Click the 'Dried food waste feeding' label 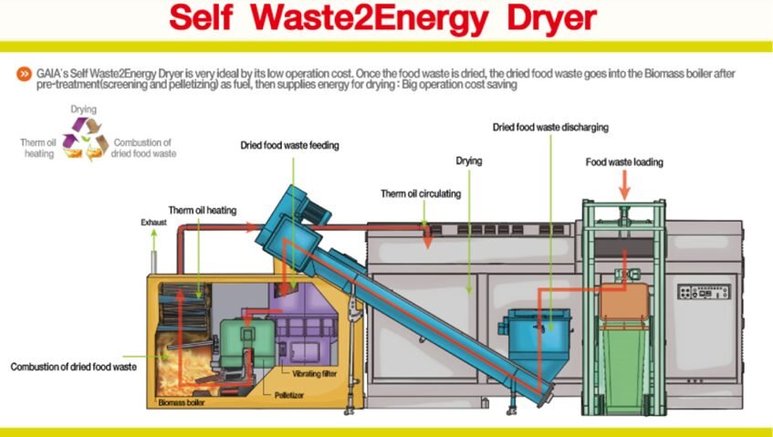click(289, 145)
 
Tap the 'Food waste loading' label click(624, 162)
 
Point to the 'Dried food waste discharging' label click(550, 127)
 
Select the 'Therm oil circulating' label click(421, 193)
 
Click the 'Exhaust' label click(154, 223)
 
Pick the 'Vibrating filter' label click(315, 373)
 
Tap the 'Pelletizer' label click(289, 395)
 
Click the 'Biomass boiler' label click(182, 402)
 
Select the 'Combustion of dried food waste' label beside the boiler click(73, 367)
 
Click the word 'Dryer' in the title click(551, 19)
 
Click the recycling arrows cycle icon click(85, 139)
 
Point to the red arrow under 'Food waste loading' click(624, 185)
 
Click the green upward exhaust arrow click(154, 240)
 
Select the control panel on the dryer click(704, 292)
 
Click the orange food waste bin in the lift click(624, 301)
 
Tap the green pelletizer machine click(247, 343)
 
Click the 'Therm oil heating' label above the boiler click(202, 211)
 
